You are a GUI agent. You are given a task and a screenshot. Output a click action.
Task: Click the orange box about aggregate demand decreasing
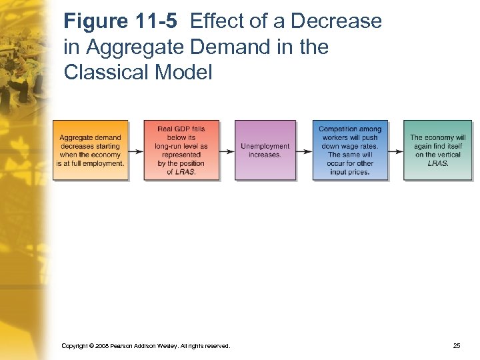tap(91, 150)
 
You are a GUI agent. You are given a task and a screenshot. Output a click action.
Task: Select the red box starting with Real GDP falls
tap(181, 150)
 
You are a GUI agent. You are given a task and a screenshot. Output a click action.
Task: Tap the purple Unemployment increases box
tap(265, 150)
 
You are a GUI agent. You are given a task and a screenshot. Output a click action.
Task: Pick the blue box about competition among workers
tap(350, 150)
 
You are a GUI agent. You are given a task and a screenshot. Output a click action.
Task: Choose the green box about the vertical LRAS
tap(437, 150)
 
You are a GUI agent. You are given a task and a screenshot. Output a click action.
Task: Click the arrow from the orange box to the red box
tap(135, 151)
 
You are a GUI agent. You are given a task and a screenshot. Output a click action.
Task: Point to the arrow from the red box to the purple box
tap(227, 151)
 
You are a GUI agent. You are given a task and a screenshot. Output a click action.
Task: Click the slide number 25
tap(457, 346)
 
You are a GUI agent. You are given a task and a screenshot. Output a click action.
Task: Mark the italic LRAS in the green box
tap(437, 163)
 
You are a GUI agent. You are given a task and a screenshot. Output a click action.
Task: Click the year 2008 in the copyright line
tap(102, 346)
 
